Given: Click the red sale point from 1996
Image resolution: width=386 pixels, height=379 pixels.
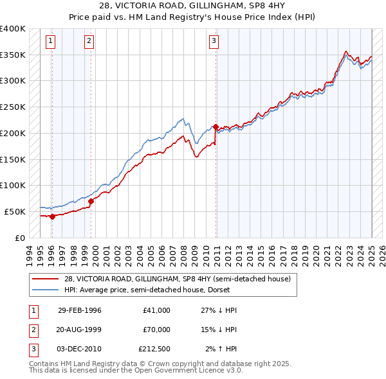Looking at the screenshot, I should pos(52,216).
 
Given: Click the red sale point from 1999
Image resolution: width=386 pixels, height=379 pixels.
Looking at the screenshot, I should pos(91,201).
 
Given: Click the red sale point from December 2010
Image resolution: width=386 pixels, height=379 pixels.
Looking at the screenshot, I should pos(216,127).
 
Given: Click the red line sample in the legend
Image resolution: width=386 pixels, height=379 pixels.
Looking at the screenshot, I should pos(46,279).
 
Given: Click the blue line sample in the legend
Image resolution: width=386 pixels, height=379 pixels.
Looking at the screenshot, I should pos(46,290).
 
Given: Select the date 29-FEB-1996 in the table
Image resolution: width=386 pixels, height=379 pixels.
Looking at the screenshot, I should pos(79,310).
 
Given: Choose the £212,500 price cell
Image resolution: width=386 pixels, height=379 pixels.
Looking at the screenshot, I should pos(154,349).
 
